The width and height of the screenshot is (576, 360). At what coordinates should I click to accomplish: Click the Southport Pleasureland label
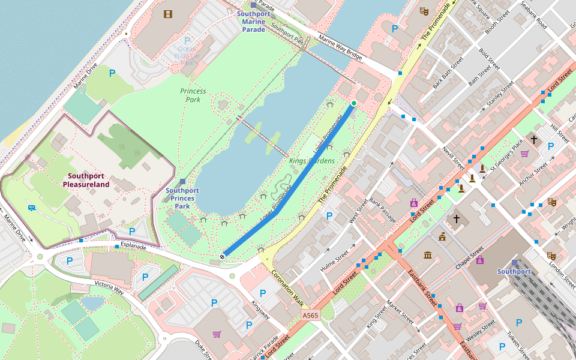(x=88, y=180)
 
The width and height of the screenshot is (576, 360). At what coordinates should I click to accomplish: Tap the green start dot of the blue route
(x=354, y=104)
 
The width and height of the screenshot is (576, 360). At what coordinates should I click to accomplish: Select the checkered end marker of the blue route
(x=223, y=256)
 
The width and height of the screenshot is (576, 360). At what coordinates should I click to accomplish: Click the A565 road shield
(x=310, y=315)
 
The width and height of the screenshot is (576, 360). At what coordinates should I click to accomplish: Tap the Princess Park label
(x=193, y=95)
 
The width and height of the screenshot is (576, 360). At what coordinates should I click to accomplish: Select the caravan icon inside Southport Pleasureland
(x=31, y=208)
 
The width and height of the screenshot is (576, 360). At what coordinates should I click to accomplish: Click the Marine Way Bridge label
(x=341, y=49)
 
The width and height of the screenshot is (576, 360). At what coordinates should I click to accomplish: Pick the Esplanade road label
(x=133, y=246)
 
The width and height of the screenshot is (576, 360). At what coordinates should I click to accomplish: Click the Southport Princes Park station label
(x=182, y=198)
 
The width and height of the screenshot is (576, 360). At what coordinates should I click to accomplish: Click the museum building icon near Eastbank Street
(x=428, y=256)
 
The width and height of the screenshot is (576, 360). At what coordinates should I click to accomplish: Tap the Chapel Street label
(x=469, y=257)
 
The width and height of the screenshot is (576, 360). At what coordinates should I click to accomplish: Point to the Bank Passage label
(x=383, y=209)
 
